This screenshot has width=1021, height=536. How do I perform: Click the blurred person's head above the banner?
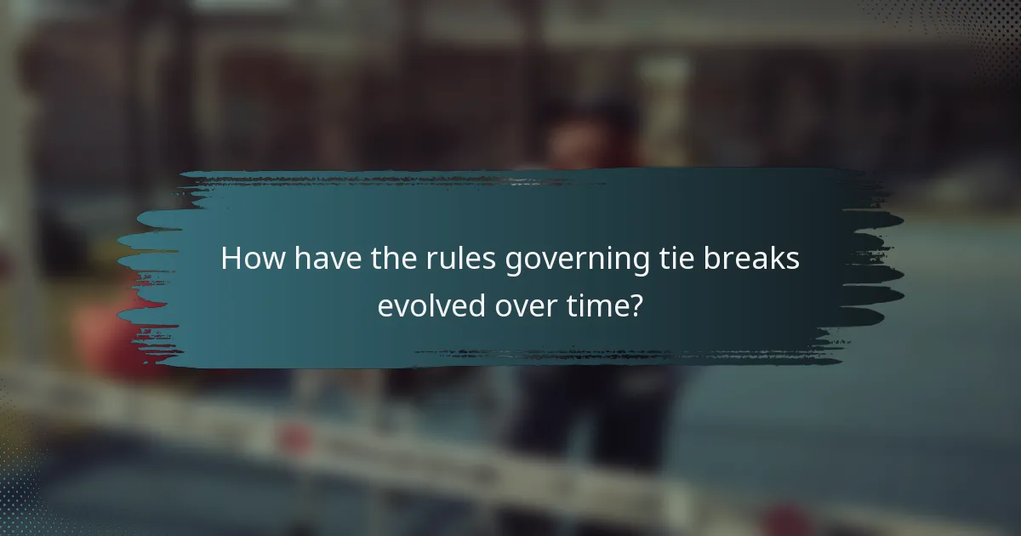587,136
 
